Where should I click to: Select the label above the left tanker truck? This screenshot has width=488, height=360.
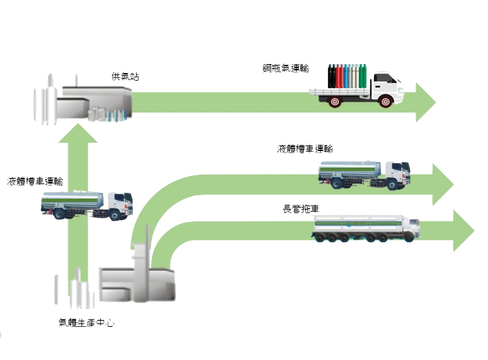coord(35,182)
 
